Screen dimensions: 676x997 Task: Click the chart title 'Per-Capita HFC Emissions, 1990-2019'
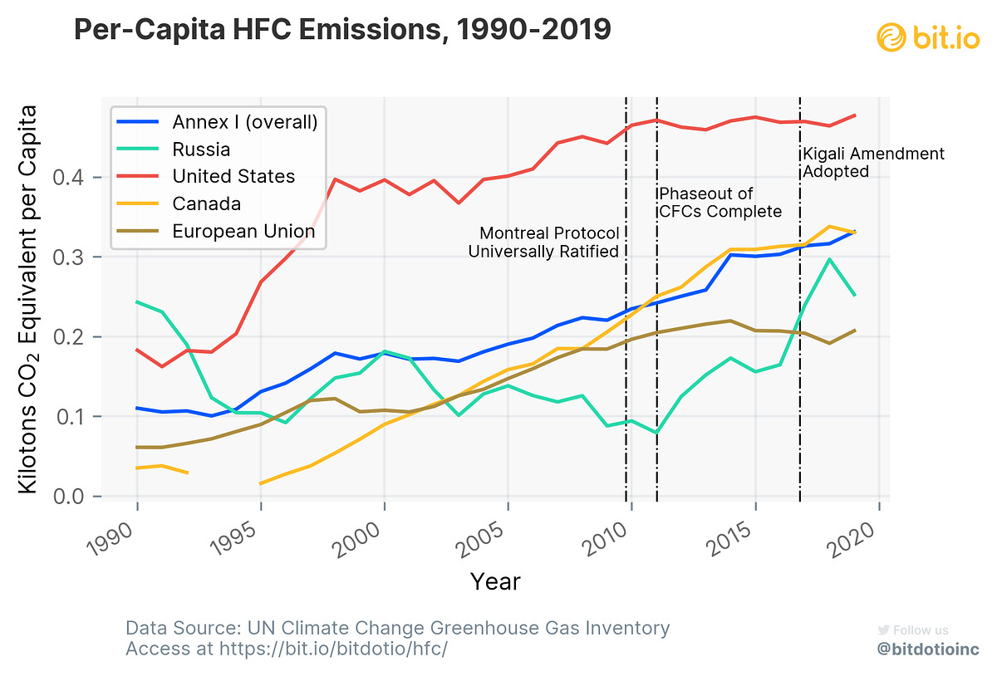342,31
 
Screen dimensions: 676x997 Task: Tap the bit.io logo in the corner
932,37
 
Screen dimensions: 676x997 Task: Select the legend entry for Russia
201,149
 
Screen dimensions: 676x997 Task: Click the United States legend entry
233,176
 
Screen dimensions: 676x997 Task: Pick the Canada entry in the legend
206,203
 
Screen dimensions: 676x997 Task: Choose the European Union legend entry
243,231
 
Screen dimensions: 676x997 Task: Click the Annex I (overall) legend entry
245,122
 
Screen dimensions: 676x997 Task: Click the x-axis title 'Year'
495,581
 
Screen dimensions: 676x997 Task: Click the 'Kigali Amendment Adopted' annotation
872,163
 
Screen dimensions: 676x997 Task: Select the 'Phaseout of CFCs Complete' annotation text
720,203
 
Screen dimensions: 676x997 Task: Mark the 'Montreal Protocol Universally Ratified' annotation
544,242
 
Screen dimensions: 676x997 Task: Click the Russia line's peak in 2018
829,259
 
